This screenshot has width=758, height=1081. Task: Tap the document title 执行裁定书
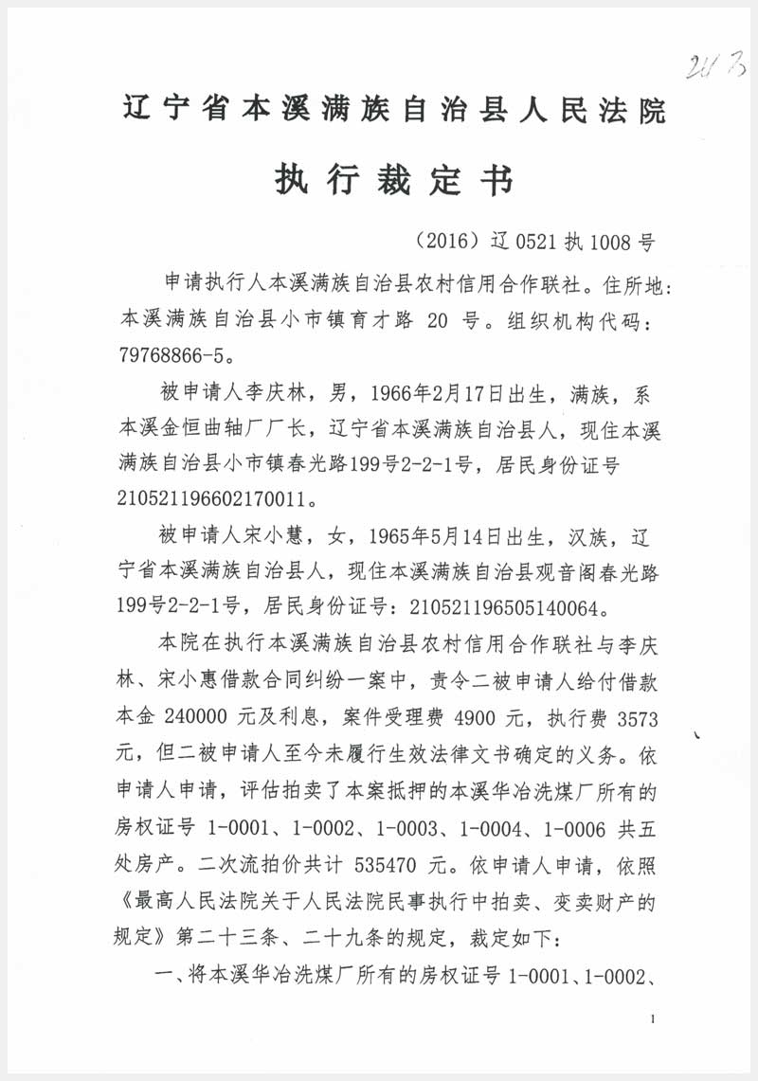[x=395, y=178]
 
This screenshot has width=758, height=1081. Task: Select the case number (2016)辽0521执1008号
[x=535, y=241]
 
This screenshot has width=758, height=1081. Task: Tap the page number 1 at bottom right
[x=654, y=1019]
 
